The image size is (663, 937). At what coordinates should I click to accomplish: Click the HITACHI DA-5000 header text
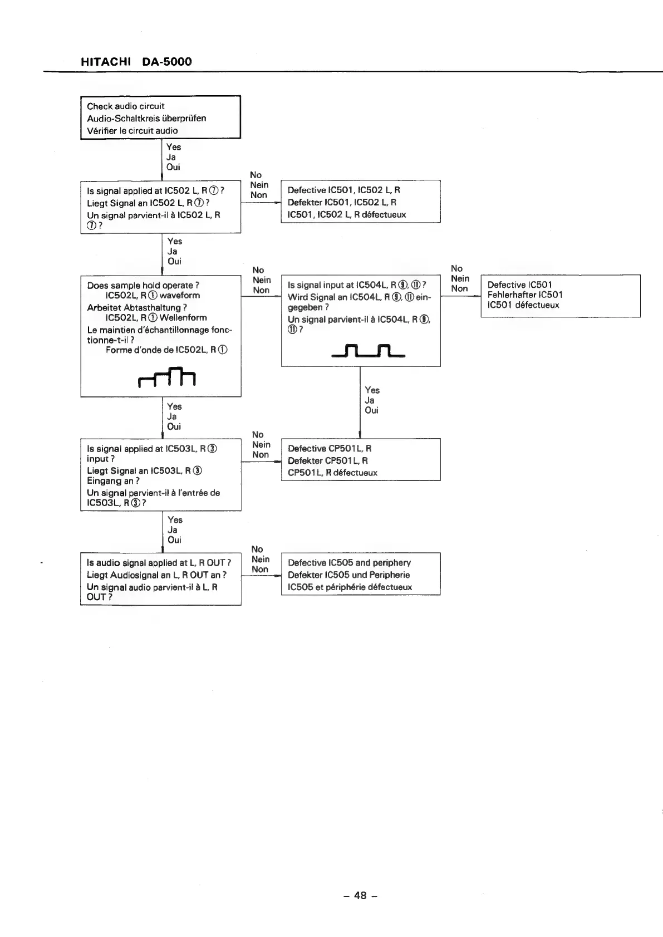(x=136, y=62)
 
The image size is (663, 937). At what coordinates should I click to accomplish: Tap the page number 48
(x=360, y=895)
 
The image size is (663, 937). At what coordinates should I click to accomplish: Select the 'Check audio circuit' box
(x=160, y=117)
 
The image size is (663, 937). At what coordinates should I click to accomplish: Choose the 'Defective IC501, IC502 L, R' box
(x=360, y=202)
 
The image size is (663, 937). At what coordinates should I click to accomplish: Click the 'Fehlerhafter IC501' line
(x=524, y=295)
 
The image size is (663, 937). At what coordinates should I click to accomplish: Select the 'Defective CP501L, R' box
(x=360, y=460)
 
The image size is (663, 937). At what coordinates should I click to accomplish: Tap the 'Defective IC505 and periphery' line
(x=349, y=562)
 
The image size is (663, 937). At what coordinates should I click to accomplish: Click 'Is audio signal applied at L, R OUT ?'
(x=159, y=562)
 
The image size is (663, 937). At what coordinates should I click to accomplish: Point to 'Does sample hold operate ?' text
(x=143, y=285)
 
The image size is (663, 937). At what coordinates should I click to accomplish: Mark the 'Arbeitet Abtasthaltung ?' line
(x=137, y=307)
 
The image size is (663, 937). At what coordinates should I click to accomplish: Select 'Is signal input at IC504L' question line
(x=357, y=285)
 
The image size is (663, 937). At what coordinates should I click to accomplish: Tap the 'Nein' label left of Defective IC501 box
(x=460, y=278)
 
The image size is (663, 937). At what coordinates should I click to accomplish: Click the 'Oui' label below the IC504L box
(x=371, y=410)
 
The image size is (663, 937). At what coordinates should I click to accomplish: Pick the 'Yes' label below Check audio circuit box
(x=174, y=147)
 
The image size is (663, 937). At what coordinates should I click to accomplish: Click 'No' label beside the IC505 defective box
(x=257, y=549)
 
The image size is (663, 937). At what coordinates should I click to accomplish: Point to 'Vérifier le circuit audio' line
(x=132, y=130)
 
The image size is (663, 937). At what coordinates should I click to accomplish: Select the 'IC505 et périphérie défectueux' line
(x=350, y=587)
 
